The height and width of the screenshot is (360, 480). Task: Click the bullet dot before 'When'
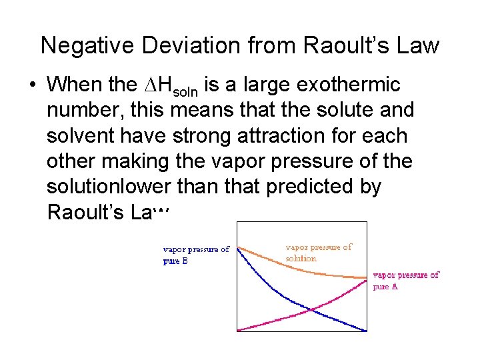[x=31, y=85]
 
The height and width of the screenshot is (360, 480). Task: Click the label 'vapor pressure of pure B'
[x=196, y=255]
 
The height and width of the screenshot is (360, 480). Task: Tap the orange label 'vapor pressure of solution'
[x=318, y=253]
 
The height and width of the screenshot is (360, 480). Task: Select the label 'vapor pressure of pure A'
[x=405, y=280]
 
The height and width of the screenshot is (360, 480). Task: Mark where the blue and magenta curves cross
[x=311, y=309]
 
